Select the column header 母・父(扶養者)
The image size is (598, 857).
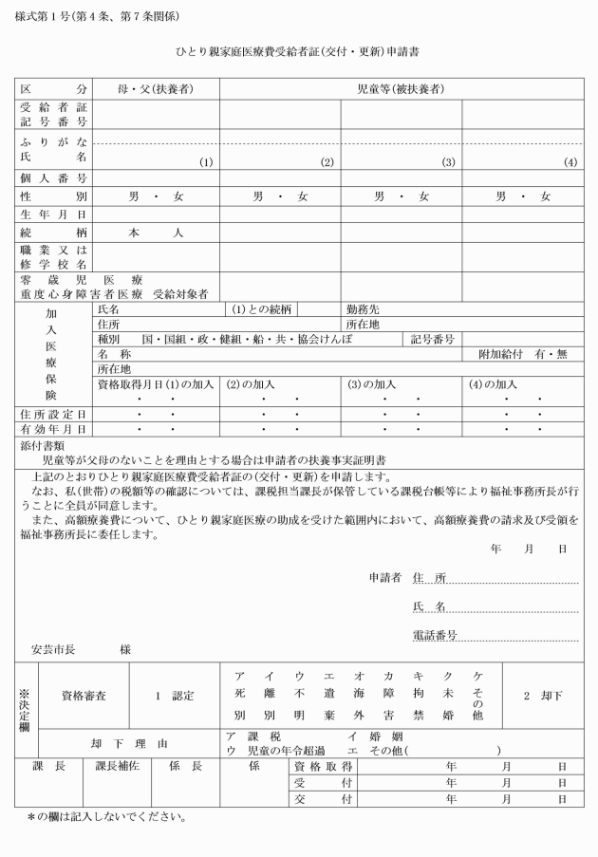(x=158, y=89)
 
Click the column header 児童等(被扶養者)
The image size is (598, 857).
(x=402, y=89)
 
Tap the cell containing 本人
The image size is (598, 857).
(x=156, y=232)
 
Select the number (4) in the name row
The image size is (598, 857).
(x=570, y=162)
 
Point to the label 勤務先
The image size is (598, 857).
(x=364, y=309)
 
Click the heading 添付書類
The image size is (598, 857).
(x=43, y=445)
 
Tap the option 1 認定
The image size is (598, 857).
(x=175, y=697)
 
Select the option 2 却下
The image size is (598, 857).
(x=542, y=697)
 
